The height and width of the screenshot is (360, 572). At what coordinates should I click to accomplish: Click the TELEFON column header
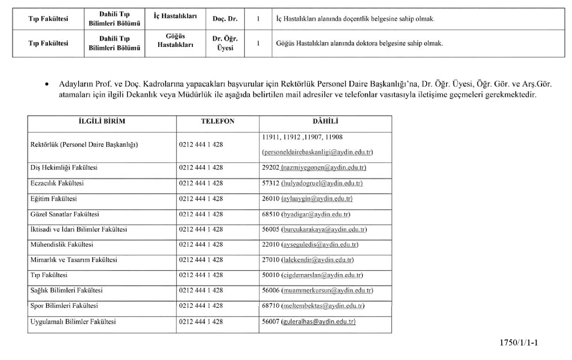[217, 121]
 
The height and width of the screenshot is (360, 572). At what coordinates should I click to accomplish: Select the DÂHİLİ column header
[325, 121]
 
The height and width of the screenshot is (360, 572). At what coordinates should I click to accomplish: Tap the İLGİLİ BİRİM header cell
[102, 121]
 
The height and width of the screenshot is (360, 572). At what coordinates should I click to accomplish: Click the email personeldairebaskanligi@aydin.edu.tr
[318, 152]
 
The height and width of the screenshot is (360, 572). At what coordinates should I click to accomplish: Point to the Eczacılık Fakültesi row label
[57, 183]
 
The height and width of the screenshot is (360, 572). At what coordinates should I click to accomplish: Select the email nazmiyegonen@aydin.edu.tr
[323, 167]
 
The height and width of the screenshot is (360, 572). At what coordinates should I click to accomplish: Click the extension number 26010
[271, 199]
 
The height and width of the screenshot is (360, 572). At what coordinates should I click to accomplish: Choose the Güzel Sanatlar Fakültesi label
[65, 214]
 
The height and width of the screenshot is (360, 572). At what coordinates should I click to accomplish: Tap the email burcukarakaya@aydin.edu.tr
[324, 229]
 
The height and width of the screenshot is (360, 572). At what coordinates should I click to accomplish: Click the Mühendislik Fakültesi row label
[62, 245]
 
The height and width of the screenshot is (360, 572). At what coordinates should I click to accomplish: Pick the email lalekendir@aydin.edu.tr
[318, 260]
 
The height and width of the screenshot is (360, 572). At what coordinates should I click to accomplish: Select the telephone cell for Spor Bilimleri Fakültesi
[201, 306]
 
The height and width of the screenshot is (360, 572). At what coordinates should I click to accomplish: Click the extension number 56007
[271, 322]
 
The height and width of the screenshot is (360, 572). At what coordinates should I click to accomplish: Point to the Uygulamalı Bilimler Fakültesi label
[73, 322]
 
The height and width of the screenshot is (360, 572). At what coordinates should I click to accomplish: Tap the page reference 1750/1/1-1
[519, 343]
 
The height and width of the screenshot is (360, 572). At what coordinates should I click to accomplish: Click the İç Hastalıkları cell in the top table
[175, 16]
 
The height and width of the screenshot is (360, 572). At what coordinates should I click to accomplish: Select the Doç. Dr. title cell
[225, 19]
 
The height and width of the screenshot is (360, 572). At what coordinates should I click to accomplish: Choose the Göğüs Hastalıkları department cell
[175, 41]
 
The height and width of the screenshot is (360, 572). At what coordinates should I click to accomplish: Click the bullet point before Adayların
[47, 84]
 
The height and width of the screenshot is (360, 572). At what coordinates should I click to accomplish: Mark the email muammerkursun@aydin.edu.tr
[327, 291]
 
